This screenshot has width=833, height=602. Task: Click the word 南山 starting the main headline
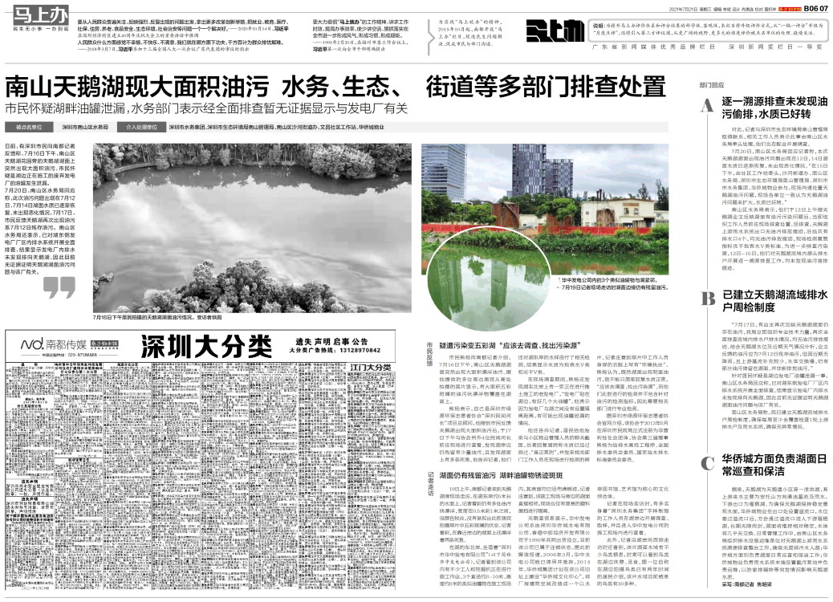coord(29,87)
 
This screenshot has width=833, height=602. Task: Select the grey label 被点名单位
coord(29,127)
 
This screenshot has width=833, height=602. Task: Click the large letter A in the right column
coord(706,107)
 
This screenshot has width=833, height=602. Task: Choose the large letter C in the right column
coord(707,462)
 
